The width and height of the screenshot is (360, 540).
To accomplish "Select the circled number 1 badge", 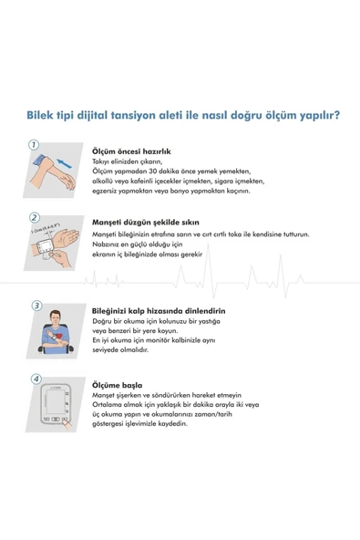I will pyautogui.click(x=34, y=144).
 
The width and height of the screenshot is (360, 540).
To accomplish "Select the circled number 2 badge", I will pyautogui.click(x=34, y=217).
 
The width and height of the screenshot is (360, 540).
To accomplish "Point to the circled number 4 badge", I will pyautogui.click(x=35, y=378).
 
